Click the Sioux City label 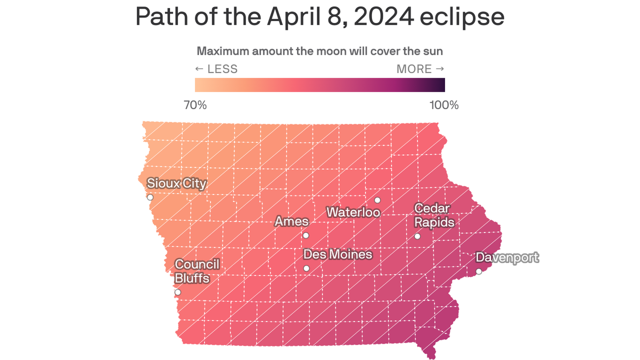(x=177, y=183)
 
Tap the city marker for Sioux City (x=150, y=197)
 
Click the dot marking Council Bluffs (x=178, y=292)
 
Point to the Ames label (x=291, y=221)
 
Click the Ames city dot (x=306, y=235)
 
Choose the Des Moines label (x=337, y=255)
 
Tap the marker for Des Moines (x=306, y=268)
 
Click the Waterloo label (x=353, y=212)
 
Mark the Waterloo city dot (x=377, y=200)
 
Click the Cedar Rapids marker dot (x=417, y=236)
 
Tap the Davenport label (x=507, y=257)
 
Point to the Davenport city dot (x=479, y=271)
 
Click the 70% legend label (x=195, y=105)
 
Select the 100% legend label (x=444, y=105)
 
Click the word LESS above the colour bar (x=222, y=69)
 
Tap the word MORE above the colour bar (x=414, y=69)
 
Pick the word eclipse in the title (x=462, y=17)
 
